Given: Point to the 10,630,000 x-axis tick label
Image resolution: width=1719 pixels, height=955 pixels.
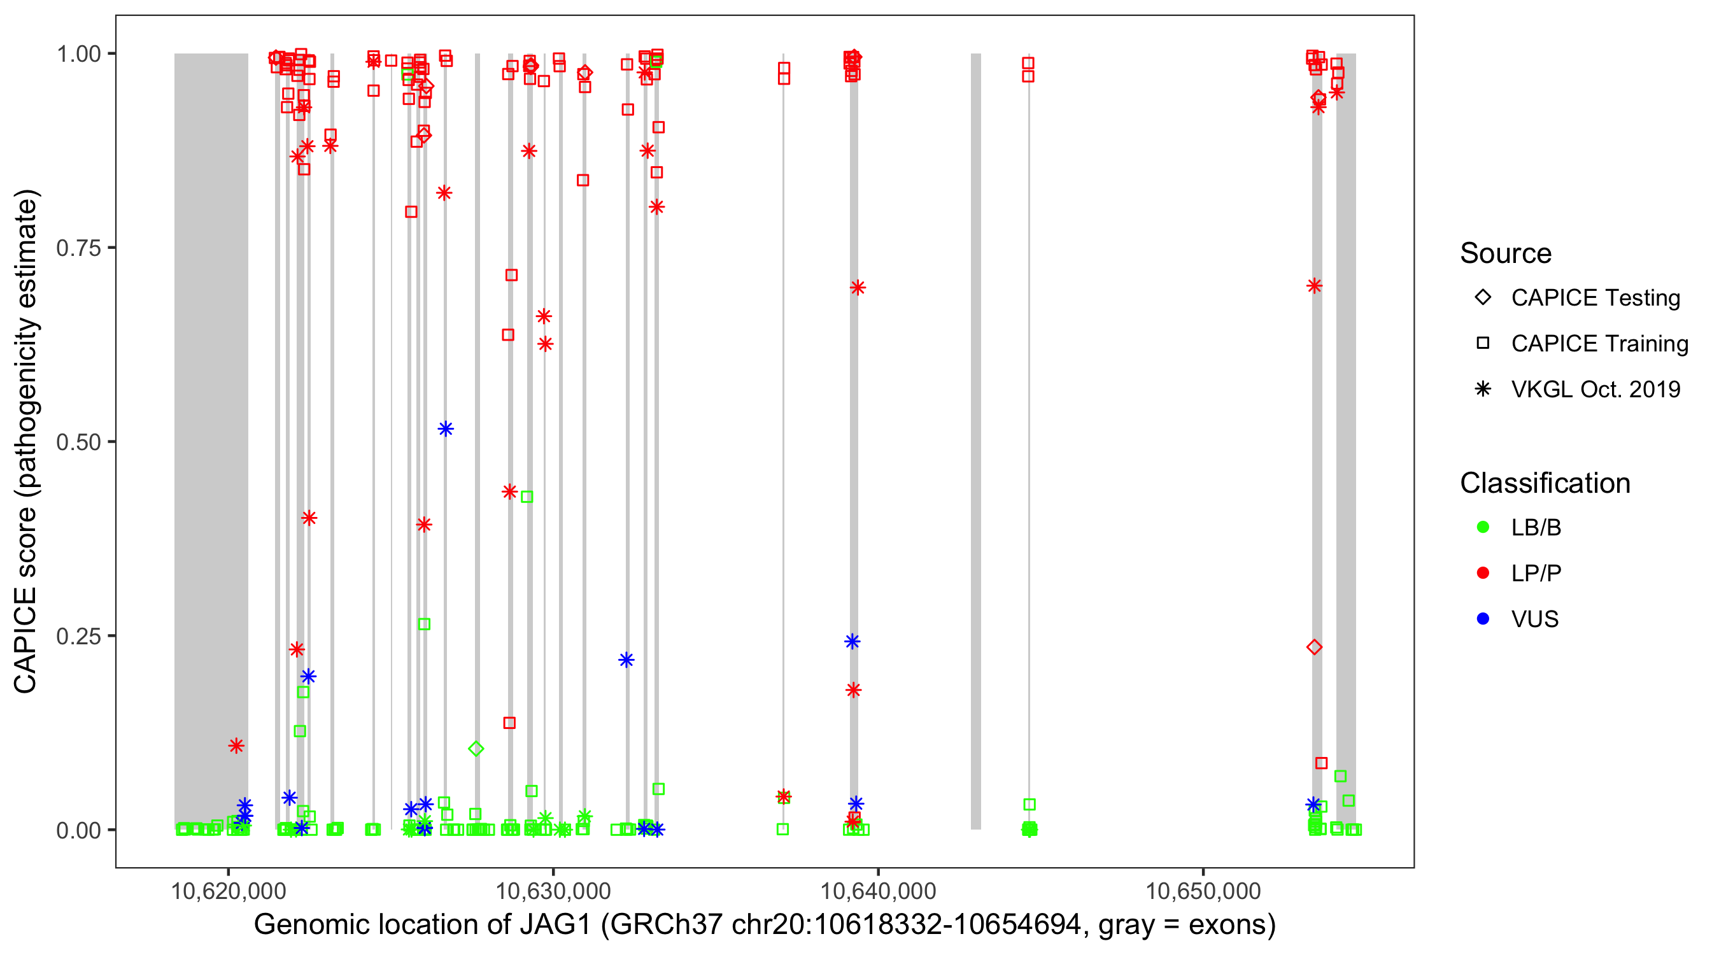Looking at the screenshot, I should point(553,891).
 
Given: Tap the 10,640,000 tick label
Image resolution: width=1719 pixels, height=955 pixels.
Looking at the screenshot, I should point(877,891).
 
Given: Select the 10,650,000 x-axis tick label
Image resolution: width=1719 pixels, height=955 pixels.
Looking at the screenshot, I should point(1203,891).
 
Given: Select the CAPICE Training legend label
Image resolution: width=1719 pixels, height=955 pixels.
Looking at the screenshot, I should point(1599,344).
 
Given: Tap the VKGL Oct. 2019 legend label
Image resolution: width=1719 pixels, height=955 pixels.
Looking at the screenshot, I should point(1595,389).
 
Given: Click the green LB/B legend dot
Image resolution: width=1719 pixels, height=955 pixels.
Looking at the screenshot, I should point(1483,527).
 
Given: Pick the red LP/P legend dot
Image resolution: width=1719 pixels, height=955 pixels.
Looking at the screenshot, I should point(1483,573).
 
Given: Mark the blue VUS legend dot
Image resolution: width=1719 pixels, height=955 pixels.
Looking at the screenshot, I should point(1483,619).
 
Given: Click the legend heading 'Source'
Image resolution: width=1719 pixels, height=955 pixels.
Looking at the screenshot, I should point(1505,253).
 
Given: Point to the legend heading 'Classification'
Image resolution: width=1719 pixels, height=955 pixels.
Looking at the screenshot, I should point(1544,483).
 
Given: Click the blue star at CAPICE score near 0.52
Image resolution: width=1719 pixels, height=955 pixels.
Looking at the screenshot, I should point(446,428).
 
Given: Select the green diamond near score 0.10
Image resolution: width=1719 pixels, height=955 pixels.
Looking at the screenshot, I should point(476,749).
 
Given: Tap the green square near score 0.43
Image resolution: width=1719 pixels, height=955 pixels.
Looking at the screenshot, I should point(527,497).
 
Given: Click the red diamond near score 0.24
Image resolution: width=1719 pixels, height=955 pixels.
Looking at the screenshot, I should point(1314,647).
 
